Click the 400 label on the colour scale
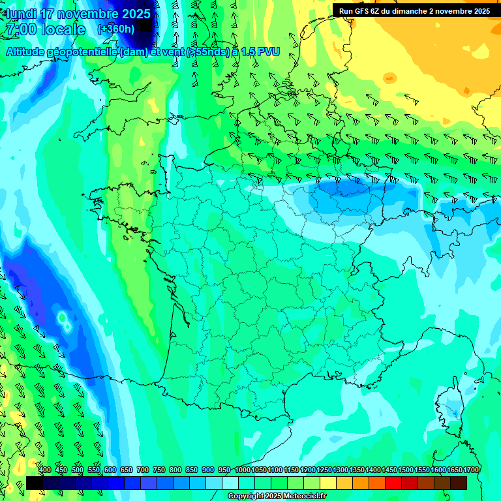coord(45,470)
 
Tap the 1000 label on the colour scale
coord(242,470)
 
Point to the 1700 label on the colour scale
coord(471,470)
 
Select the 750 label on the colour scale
coord(159,470)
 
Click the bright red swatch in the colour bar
coord(393,483)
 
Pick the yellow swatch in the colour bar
coord(328,483)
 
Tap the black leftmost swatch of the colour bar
coord(35,483)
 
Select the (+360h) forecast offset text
coord(115,29)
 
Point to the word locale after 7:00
coord(63,29)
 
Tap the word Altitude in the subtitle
coord(29,52)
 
